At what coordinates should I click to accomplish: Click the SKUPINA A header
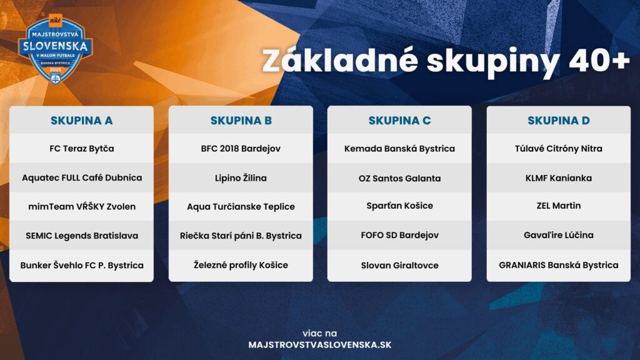coord(82,121)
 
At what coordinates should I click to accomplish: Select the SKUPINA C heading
coord(399,121)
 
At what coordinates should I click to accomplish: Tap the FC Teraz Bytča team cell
coord(82,149)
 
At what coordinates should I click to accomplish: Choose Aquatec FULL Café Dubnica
coord(82,177)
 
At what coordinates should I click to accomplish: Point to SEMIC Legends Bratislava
coord(82,236)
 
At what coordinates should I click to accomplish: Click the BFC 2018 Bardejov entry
coord(241,149)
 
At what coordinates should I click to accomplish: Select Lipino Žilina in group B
coord(241,178)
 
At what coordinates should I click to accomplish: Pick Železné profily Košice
coord(241,265)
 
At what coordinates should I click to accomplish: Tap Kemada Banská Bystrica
coord(399,149)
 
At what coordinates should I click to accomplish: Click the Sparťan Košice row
coord(399,206)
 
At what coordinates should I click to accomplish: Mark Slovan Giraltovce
coord(399,265)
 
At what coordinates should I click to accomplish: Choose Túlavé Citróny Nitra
coord(558,149)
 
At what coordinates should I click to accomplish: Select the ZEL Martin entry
coord(558,206)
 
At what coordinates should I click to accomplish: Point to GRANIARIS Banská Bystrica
coord(558,265)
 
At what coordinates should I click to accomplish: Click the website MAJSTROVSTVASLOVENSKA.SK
coord(319,345)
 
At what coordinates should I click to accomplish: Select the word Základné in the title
coord(340,61)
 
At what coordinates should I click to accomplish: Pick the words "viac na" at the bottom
coord(319,333)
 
